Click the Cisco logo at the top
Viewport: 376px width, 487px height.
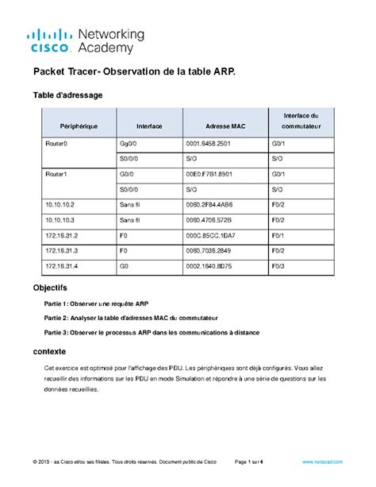(x=52, y=41)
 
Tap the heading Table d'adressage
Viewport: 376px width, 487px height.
(x=67, y=95)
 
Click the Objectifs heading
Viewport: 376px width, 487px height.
(x=49, y=287)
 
